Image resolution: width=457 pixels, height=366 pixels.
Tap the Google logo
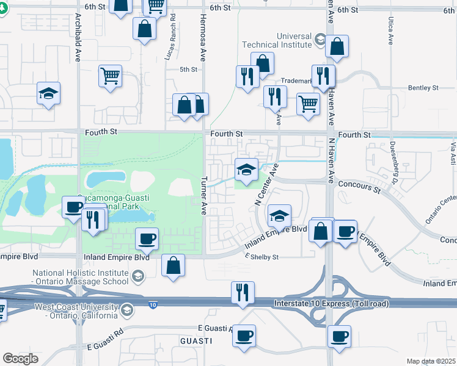click(20, 359)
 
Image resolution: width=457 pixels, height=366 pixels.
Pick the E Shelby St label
click(261, 257)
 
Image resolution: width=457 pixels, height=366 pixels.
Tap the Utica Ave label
click(390, 31)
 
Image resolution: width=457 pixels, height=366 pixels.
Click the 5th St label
click(188, 70)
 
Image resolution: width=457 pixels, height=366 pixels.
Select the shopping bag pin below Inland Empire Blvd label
click(174, 265)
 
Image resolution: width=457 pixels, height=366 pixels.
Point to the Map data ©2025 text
click(431, 361)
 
